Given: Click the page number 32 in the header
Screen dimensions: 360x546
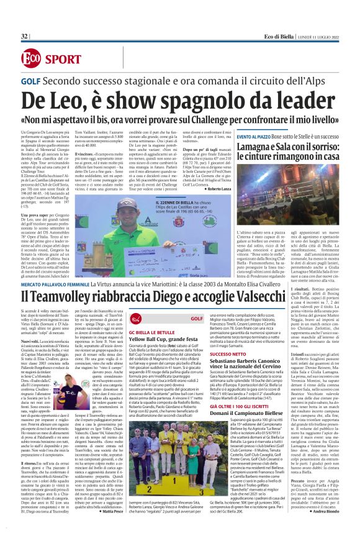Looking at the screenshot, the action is point(24,37).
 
